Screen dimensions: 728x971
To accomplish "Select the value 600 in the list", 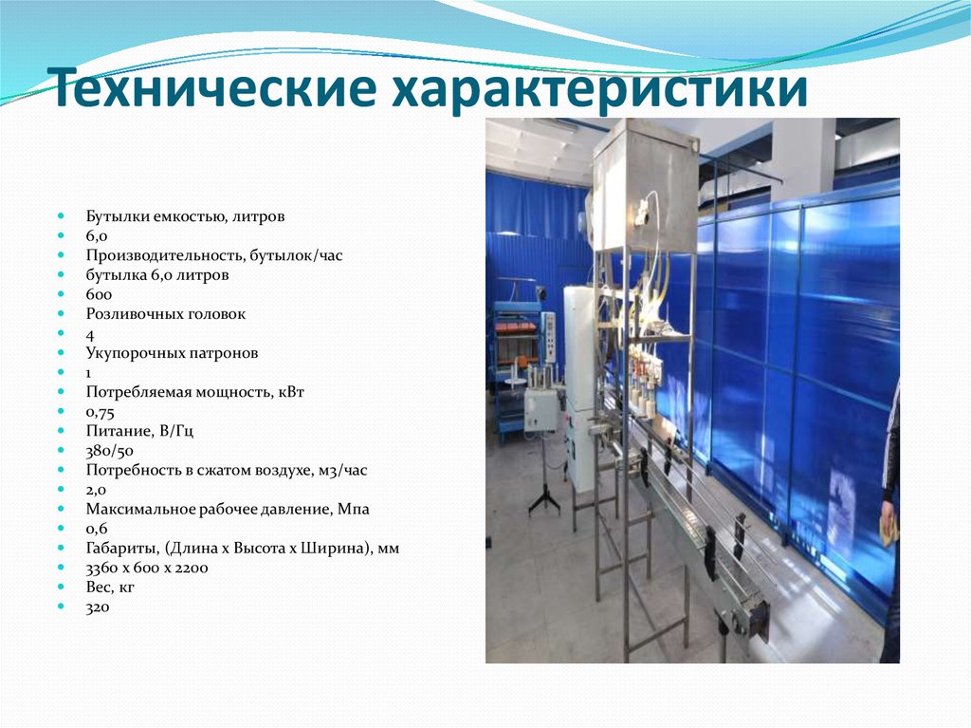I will (x=99, y=294).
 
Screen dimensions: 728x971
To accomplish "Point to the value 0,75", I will (x=101, y=411).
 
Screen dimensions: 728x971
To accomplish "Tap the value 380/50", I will (x=108, y=450).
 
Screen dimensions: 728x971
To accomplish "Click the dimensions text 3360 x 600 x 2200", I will (x=147, y=568).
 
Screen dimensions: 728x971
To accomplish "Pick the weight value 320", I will (x=98, y=607).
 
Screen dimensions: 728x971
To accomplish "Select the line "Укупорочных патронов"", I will (x=172, y=352).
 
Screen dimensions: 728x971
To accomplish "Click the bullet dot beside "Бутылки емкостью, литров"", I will (x=61, y=216).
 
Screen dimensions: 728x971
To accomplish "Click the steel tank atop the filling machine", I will (x=646, y=185).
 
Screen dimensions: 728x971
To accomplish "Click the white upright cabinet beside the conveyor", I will (x=579, y=380).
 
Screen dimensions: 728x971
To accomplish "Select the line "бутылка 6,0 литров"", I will (x=157, y=274).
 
